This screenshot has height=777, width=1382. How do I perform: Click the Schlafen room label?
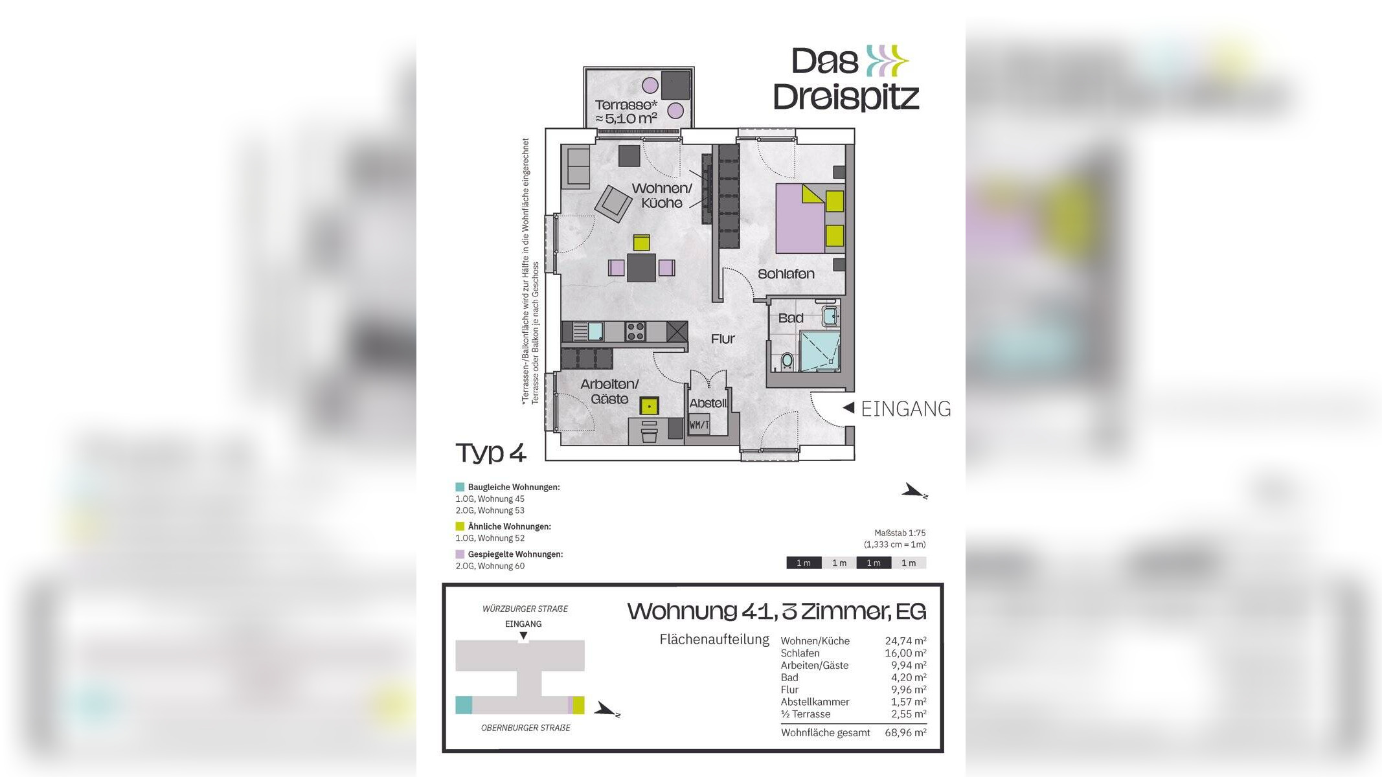click(786, 274)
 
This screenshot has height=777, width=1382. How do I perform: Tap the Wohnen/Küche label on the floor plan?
click(661, 196)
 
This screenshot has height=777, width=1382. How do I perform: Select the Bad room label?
click(790, 318)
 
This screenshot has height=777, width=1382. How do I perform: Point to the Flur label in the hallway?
click(722, 339)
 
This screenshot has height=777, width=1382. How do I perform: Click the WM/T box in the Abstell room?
click(699, 425)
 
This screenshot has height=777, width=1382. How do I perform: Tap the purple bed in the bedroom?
click(800, 218)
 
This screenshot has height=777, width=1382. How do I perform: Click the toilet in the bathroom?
click(787, 360)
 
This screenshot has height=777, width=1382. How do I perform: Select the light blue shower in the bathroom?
click(819, 351)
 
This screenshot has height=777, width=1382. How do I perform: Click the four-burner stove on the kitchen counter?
click(635, 332)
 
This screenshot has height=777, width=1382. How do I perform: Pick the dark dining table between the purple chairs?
click(641, 267)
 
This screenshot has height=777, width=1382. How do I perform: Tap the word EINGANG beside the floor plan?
click(905, 409)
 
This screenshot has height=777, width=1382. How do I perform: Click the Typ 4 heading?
click(490, 453)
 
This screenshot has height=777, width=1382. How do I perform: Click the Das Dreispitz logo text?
click(846, 79)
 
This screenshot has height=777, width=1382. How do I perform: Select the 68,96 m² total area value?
click(905, 733)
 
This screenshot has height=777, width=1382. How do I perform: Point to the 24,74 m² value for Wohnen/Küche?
click(905, 641)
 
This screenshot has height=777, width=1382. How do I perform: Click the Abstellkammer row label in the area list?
click(814, 702)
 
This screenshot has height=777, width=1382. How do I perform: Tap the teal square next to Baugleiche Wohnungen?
click(460, 487)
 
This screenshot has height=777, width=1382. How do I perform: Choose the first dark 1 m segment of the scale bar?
click(804, 563)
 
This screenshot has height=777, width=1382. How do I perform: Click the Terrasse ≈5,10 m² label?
click(626, 111)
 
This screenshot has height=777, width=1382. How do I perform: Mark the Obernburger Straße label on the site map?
click(525, 728)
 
